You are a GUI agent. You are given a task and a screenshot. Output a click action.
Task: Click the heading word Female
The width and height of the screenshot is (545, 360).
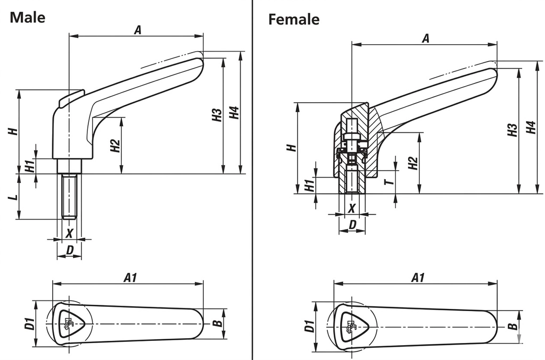[294, 20]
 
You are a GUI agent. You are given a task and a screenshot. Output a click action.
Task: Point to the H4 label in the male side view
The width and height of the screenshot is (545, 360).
[233, 114]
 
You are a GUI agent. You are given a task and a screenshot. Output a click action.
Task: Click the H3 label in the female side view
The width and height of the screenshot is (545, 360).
[512, 130]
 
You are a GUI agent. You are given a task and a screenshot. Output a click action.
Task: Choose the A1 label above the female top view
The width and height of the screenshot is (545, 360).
[418, 277]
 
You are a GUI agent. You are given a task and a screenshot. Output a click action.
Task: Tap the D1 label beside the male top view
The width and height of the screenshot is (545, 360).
[30, 323]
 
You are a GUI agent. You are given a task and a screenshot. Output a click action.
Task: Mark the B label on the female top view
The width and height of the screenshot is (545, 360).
[511, 326]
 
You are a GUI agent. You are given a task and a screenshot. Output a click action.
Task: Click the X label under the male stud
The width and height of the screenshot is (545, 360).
[69, 232]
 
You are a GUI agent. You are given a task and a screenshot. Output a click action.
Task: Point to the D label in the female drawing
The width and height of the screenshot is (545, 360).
[352, 225]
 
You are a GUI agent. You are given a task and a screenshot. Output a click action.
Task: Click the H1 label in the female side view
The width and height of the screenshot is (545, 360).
[308, 185]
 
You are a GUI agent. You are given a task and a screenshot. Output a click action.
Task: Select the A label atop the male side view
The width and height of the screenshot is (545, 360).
[137, 30]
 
